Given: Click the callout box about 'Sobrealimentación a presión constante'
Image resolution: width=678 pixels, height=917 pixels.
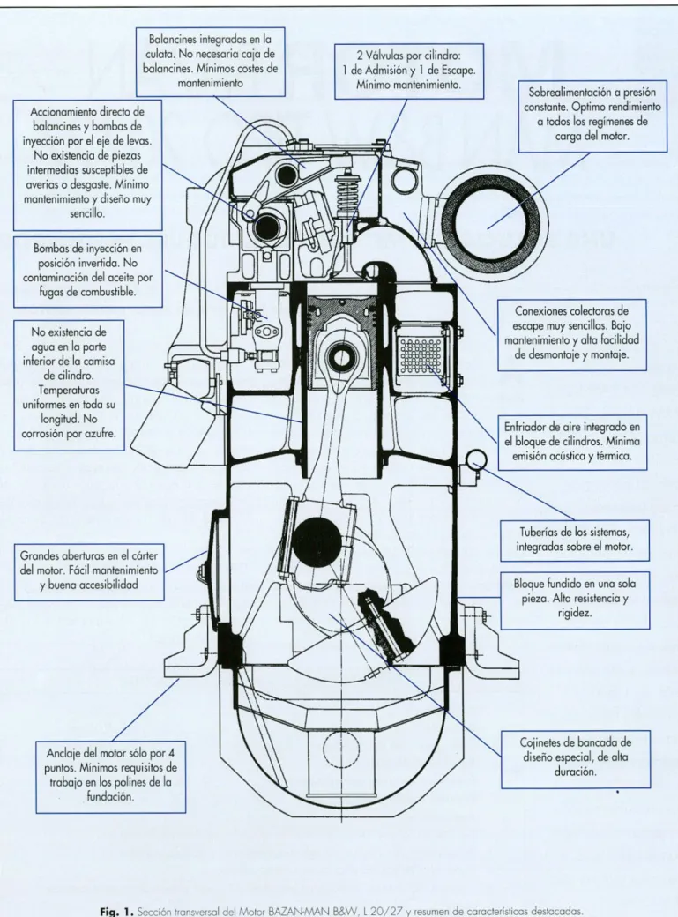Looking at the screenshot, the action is [x=592, y=116].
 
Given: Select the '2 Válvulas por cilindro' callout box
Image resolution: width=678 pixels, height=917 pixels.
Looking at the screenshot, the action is [x=409, y=71].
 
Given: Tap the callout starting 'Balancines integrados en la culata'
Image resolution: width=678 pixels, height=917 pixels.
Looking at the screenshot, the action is [x=211, y=62].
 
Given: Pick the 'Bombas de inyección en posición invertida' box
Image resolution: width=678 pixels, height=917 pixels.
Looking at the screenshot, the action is [x=88, y=272].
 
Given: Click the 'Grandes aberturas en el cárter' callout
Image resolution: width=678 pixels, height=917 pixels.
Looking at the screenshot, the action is [x=89, y=570].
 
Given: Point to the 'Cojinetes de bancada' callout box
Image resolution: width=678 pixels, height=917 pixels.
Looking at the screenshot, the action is [x=576, y=758].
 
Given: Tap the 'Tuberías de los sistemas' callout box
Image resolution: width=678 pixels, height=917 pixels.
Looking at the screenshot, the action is [x=575, y=541].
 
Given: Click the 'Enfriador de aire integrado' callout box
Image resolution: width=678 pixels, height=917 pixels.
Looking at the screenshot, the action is [x=573, y=442].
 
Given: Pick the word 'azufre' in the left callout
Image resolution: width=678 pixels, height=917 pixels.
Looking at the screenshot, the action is [x=101, y=434].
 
